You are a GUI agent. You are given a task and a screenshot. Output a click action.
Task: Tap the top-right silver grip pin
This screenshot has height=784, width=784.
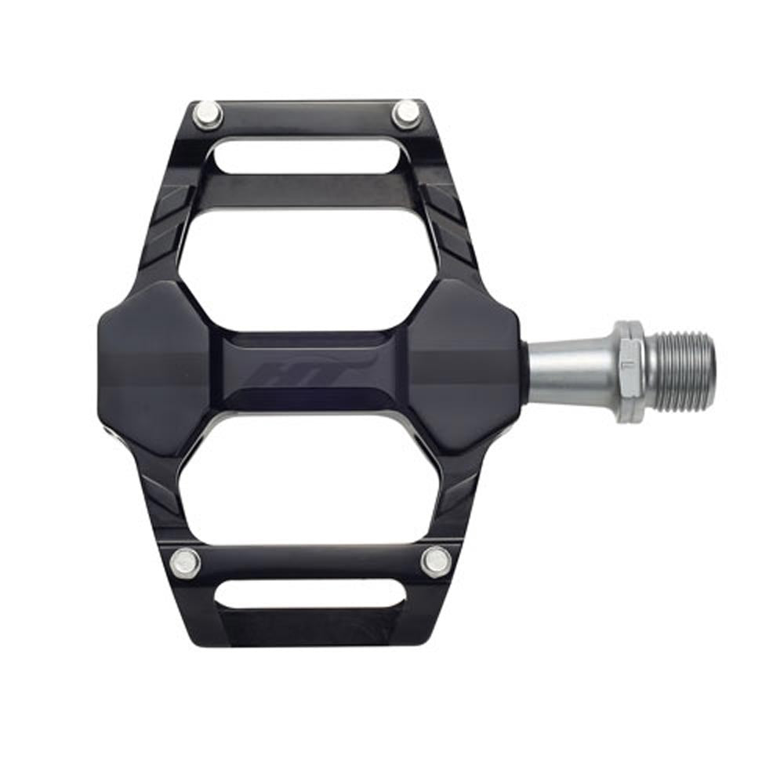click(x=407, y=114)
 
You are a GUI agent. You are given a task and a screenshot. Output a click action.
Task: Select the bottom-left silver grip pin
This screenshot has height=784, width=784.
click(x=186, y=561)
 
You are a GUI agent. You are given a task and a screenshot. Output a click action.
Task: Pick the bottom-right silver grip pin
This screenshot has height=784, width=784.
click(x=435, y=561)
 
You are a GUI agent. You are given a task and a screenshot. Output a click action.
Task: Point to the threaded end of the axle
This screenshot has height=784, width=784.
click(x=683, y=370)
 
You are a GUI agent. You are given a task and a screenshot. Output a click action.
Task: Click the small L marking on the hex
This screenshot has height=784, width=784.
click(x=626, y=365)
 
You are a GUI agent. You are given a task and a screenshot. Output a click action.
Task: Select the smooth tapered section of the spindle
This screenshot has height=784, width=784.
click(x=568, y=369)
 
